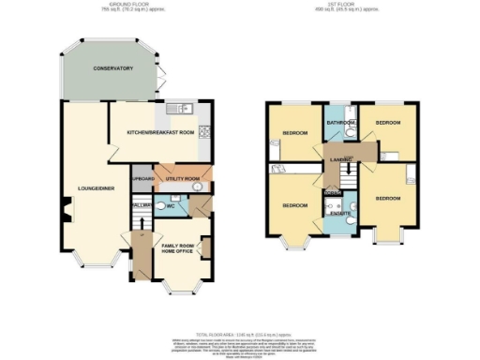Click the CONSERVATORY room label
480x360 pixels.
coord(111,70)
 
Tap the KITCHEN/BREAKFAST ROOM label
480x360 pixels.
coord(160,133)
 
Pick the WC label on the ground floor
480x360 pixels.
coord(170,205)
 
